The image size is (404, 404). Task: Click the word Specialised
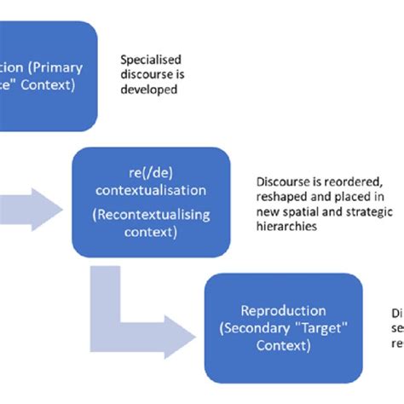(152, 60)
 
